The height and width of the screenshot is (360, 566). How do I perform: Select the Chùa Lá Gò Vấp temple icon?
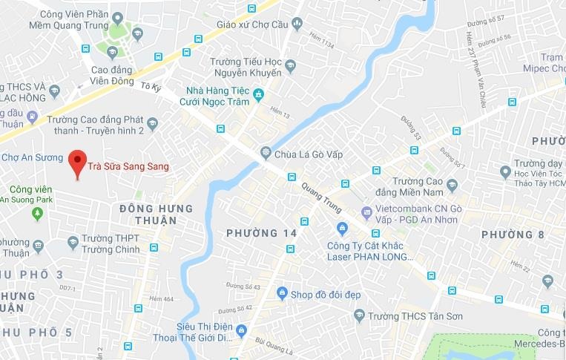coord(266,154)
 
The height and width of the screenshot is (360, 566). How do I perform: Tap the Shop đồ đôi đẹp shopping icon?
coord(282,294)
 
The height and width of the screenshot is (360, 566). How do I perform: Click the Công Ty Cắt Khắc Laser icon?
coord(341,228)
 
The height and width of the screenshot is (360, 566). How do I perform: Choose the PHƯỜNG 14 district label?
coord(262,233)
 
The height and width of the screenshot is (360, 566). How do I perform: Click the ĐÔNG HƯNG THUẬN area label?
coord(156,215)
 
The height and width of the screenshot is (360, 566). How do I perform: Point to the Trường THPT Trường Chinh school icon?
coord(73,242)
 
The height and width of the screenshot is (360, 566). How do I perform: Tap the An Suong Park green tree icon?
coord(37,214)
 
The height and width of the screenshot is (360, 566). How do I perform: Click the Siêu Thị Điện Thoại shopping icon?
coord(242,330)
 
